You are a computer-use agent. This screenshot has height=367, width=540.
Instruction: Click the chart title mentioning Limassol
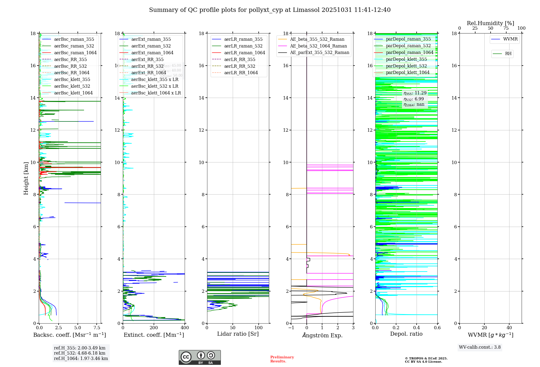tap(270, 10)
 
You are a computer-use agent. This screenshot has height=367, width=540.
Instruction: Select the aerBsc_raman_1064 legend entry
tap(75, 53)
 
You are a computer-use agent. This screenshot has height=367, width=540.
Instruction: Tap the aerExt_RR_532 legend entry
tap(147, 66)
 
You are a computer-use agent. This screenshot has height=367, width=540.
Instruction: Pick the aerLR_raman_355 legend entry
tap(243, 39)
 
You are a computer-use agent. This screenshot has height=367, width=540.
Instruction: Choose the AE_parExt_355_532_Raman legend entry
tap(319, 53)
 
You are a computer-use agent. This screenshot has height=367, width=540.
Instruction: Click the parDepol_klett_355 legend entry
tap(406, 59)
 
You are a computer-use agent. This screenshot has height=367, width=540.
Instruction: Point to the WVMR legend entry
tap(510, 39)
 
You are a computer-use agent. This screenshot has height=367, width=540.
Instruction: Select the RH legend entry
tap(508, 54)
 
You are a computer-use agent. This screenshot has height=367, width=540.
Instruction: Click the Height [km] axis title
tap(26, 178)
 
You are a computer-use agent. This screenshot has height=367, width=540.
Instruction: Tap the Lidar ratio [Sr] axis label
tap(238, 334)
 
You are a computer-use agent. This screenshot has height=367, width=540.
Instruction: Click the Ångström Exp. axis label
tap(322, 335)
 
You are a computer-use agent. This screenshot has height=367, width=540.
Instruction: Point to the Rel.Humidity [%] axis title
tap(490, 23)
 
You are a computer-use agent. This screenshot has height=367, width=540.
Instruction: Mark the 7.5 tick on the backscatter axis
tap(97, 328)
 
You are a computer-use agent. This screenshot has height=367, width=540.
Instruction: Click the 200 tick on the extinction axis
tap(154, 328)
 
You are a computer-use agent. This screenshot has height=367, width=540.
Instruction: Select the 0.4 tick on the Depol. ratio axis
tap(417, 328)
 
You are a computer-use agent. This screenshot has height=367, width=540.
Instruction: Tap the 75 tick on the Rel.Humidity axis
tap(506, 28)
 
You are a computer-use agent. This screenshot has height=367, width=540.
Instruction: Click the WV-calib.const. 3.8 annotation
tap(480, 347)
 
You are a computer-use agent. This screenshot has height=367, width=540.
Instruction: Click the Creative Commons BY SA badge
tap(200, 358)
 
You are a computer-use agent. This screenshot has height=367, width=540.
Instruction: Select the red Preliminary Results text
tap(282, 359)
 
